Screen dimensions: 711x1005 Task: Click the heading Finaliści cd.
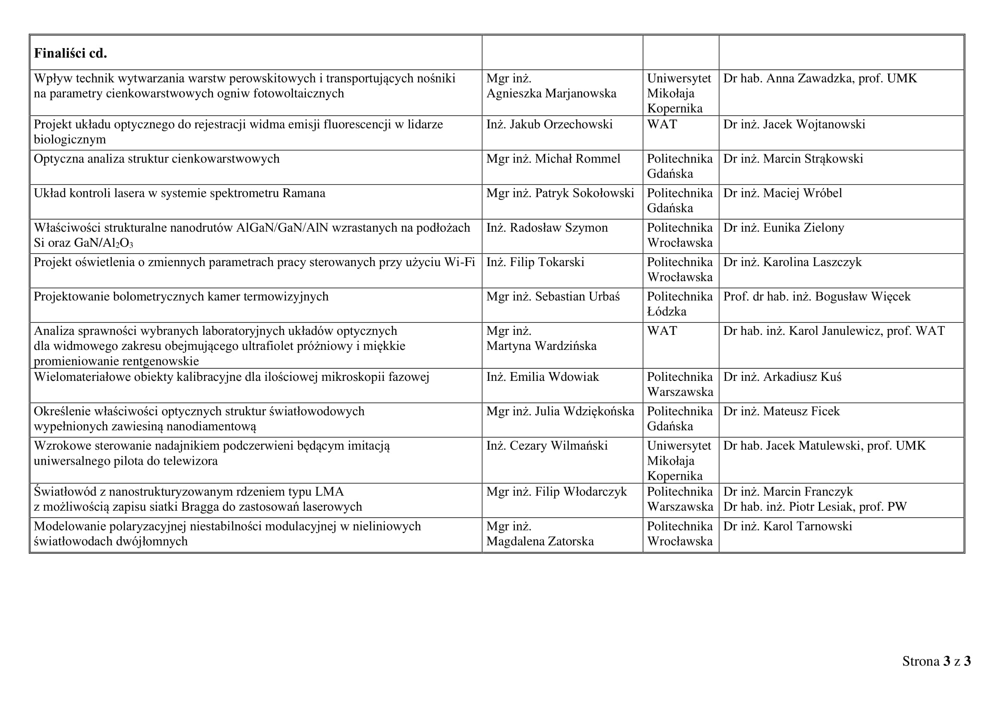click(70, 53)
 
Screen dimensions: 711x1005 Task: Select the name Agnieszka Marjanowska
click(551, 93)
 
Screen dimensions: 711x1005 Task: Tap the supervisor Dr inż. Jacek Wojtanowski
click(794, 124)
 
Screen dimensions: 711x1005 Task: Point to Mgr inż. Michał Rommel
click(553, 159)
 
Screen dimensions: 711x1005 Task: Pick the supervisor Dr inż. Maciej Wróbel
click(782, 193)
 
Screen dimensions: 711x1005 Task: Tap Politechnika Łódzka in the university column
click(679, 304)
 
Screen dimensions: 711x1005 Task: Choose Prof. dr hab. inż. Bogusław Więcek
click(816, 297)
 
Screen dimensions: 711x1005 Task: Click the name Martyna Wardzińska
click(541, 346)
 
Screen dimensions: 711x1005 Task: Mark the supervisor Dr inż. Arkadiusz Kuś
click(782, 377)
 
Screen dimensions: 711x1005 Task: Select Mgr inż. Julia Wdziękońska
click(560, 411)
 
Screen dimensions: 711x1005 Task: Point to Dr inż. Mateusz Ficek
click(781, 411)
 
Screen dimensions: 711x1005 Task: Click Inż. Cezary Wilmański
click(547, 446)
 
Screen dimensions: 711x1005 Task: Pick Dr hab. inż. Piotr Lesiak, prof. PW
click(815, 506)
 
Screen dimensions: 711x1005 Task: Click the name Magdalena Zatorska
click(540, 541)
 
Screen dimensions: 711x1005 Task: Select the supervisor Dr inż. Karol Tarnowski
click(787, 526)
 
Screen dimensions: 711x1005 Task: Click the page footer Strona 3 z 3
click(936, 661)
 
